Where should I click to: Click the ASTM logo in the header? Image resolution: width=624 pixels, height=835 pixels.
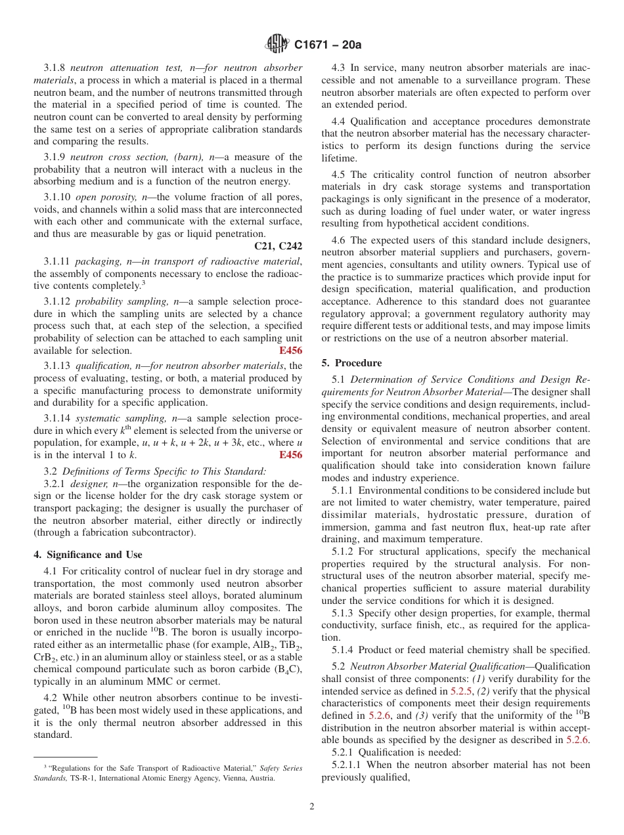[277, 45]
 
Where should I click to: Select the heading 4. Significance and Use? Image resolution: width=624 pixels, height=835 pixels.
[88, 555]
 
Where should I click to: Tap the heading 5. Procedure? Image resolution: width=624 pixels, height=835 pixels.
[351, 363]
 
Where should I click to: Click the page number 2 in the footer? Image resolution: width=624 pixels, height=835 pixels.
[312, 807]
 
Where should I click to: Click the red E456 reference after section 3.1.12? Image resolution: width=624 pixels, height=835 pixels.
[291, 351]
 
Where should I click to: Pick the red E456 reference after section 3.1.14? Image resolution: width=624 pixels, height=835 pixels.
[291, 455]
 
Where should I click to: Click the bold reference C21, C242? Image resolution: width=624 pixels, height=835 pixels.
[278, 246]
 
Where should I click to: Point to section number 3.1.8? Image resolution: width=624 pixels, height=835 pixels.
[55, 68]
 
